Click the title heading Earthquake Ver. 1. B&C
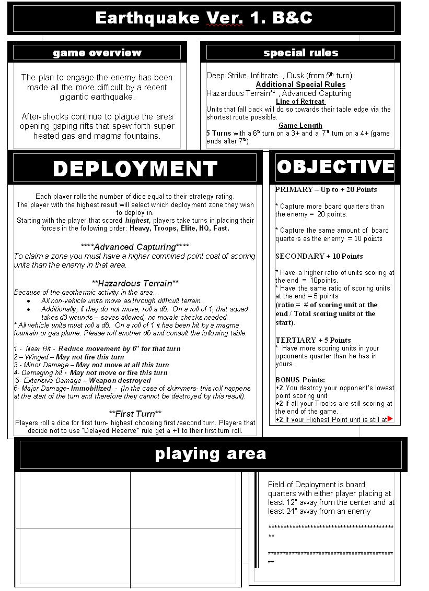pyautogui.click(x=204, y=18)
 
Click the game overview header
pyautogui.click(x=97, y=53)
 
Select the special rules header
pyautogui.click(x=300, y=53)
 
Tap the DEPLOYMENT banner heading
pyautogui.click(x=135, y=168)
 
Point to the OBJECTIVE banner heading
pyautogui.click(x=335, y=167)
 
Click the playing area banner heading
pyautogui.click(x=211, y=454)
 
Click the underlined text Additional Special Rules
pyautogui.click(x=300, y=85)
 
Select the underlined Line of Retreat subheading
pyautogui.click(x=300, y=102)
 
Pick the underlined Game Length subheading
pyautogui.click(x=300, y=125)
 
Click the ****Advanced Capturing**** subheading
pyautogui.click(x=135, y=247)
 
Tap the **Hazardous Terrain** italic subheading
pyautogui.click(x=135, y=283)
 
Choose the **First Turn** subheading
pyautogui.click(x=135, y=414)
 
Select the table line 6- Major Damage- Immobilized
pyautogui.click(x=63, y=388)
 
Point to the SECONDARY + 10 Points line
pyautogui.click(x=319, y=256)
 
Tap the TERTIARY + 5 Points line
pyautogui.click(x=313, y=340)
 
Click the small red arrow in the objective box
pyautogui.click(x=390, y=419)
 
